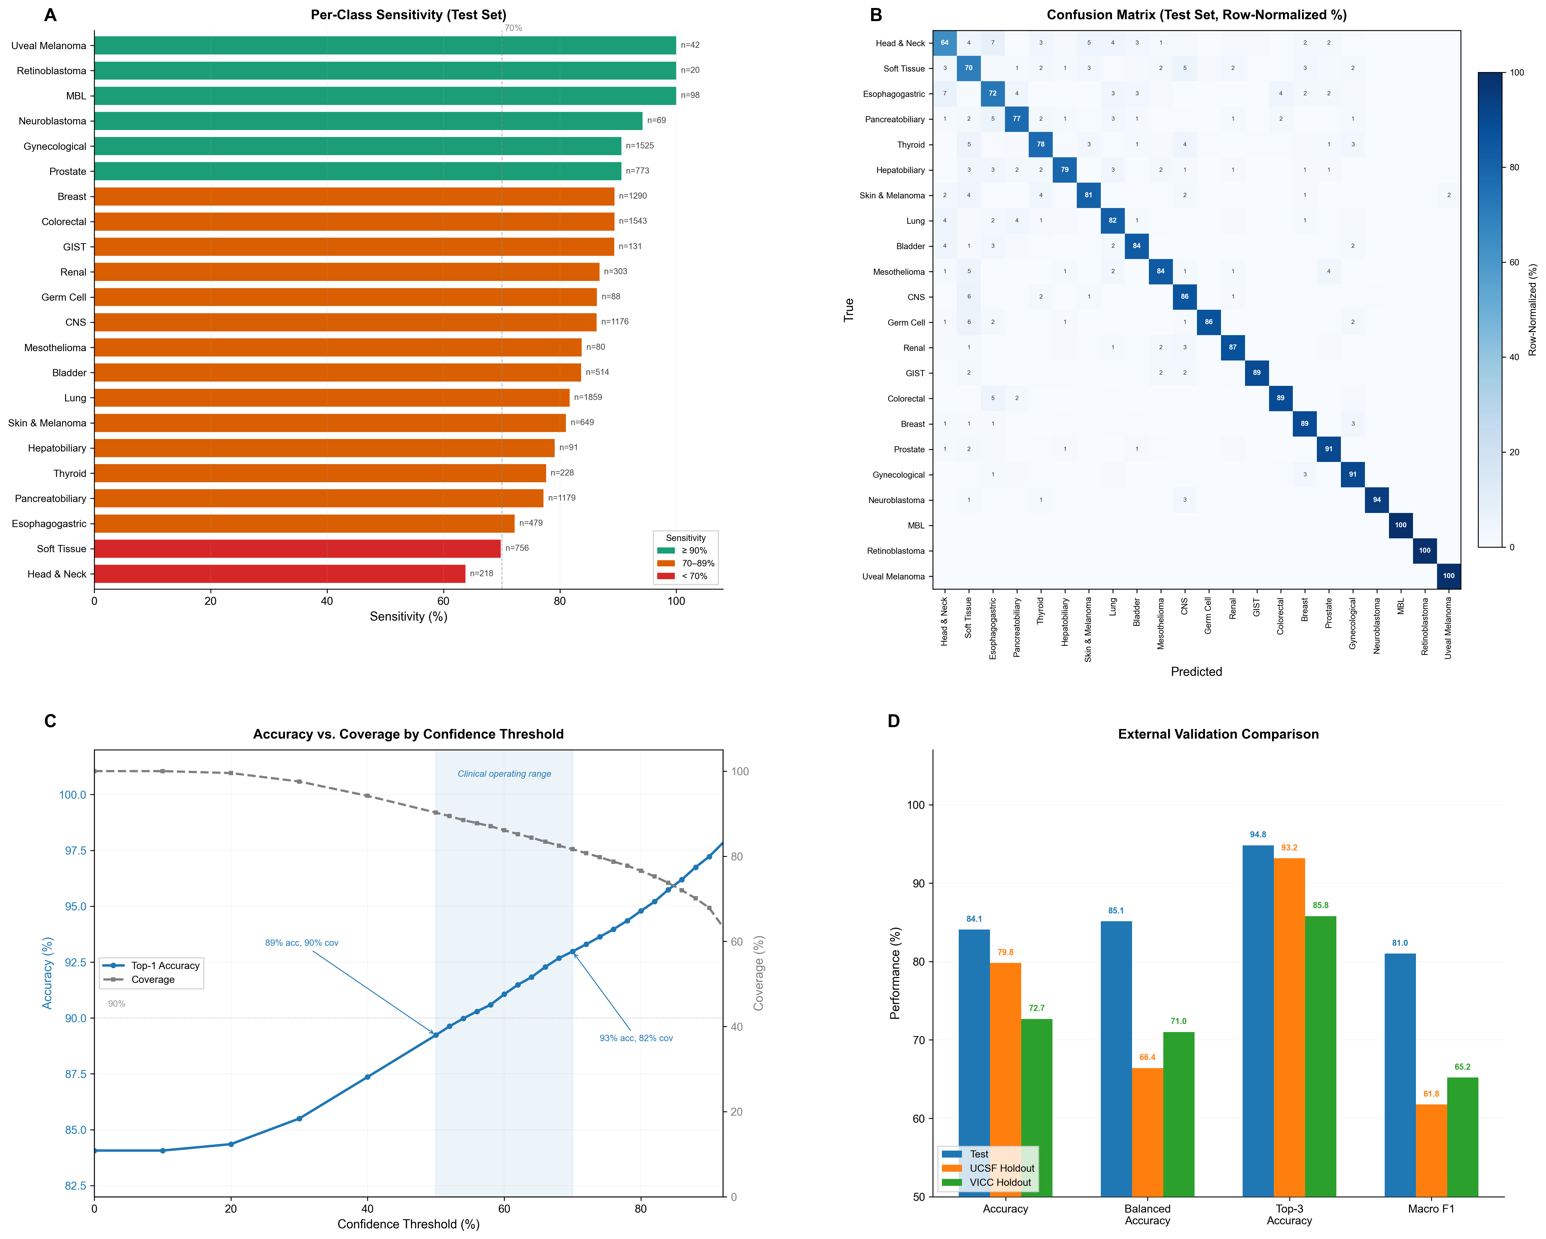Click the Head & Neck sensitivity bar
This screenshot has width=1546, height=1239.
280,574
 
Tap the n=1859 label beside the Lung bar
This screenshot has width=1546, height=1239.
588,397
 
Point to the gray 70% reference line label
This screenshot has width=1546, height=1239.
514,28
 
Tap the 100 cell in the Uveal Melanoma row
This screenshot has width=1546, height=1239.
1449,576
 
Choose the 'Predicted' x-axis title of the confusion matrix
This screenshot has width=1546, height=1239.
1196,672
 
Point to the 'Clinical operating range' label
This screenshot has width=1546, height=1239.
504,774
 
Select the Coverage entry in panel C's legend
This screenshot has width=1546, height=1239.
152,979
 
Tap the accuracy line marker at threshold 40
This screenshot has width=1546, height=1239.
367,1077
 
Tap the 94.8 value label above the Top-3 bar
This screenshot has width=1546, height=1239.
1258,835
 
